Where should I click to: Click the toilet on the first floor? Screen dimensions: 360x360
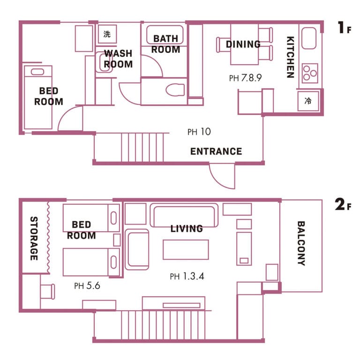click(175, 90)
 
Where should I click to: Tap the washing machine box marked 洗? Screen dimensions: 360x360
click(107, 34)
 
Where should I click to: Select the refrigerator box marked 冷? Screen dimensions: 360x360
click(308, 101)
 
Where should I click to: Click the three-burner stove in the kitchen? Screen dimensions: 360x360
click(310, 73)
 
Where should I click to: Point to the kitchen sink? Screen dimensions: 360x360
click(309, 38)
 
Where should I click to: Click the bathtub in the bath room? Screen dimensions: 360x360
click(165, 35)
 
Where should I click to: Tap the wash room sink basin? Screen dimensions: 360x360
click(103, 62)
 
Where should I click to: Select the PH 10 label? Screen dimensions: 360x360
click(199, 132)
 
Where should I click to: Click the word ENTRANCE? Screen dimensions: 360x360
click(216, 151)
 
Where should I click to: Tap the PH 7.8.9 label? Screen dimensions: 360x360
click(245, 78)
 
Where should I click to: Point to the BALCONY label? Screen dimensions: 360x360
click(301, 243)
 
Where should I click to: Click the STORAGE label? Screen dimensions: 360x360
click(34, 238)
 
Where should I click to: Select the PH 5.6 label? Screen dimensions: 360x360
click(87, 285)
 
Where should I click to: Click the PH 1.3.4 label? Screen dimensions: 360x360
click(187, 276)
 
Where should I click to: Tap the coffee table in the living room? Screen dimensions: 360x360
click(186, 249)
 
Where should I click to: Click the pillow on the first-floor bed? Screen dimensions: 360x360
click(37, 72)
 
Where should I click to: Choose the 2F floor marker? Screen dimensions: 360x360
click(343, 204)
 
